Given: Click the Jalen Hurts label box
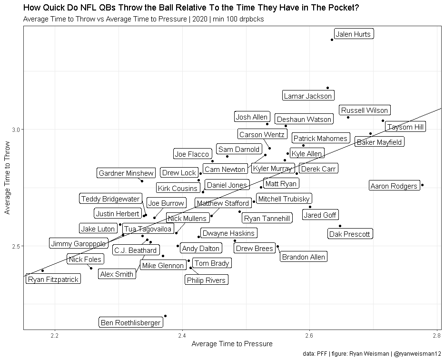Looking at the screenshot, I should (353, 34).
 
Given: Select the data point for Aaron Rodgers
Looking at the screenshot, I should (422, 185).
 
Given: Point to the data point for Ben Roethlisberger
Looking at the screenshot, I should (165, 316).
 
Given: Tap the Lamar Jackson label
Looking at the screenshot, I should (307, 96).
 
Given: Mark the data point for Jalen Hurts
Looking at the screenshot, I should (332, 40).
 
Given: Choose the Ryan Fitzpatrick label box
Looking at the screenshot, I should (53, 280).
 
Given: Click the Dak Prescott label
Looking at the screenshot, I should (350, 234).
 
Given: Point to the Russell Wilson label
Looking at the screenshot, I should (365, 110).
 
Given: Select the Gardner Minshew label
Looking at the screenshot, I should (126, 173).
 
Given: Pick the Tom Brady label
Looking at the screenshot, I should (212, 263).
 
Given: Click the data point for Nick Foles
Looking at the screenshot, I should (91, 268).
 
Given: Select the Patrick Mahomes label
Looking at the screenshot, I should (320, 139).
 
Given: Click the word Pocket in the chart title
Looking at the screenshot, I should (342, 8).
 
